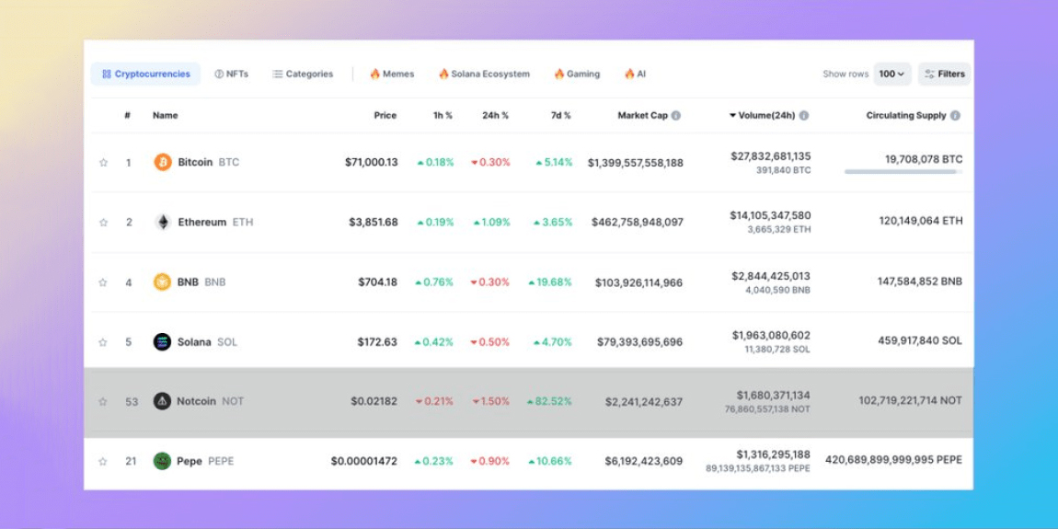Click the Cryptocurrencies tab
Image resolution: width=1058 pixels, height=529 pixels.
coord(145,74)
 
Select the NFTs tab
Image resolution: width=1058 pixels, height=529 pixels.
coord(231,74)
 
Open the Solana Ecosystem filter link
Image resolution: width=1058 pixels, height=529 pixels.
coord(484,74)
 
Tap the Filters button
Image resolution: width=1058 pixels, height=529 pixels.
coord(944,74)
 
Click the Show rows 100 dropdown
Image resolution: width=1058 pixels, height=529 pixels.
coord(891,74)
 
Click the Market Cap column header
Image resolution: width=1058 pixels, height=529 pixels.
coord(642,115)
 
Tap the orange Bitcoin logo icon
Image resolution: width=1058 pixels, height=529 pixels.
coord(163,162)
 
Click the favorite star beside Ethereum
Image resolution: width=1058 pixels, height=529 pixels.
coord(103,223)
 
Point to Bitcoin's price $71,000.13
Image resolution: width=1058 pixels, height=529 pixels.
coord(372,162)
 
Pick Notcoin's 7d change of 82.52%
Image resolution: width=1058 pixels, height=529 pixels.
coord(549,401)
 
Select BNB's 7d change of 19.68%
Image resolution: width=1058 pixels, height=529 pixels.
coord(550,282)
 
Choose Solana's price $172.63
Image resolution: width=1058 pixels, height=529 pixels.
coord(377,342)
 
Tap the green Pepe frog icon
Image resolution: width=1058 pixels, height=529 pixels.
coord(162,461)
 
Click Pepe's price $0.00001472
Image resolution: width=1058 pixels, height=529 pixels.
coord(364,461)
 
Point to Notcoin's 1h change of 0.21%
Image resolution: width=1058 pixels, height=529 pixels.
coord(434,401)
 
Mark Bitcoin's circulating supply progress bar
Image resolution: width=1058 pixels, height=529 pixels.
coord(903,171)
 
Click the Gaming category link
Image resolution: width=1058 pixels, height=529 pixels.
coord(577,74)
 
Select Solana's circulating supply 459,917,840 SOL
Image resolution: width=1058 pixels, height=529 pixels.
coord(920,340)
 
